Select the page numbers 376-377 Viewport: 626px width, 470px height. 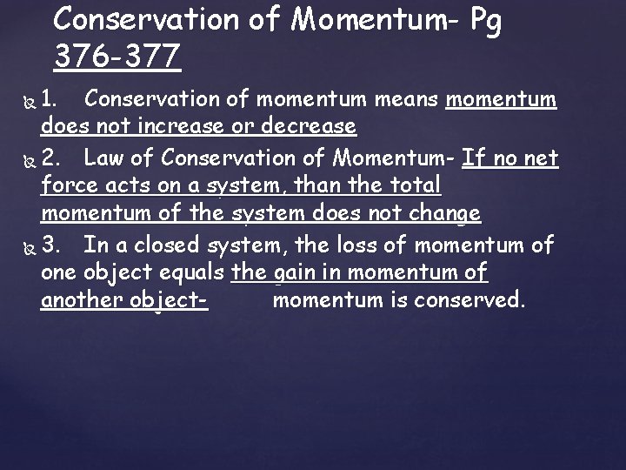point(117,57)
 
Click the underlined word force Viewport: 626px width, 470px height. point(68,185)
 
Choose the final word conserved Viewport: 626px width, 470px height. point(476,302)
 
